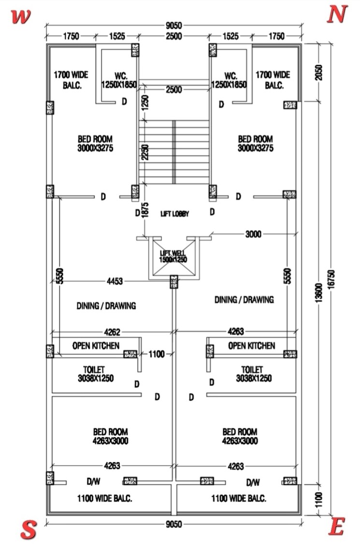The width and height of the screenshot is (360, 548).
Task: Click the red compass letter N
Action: click(337, 14)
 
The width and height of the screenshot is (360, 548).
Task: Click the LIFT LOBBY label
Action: click(174, 214)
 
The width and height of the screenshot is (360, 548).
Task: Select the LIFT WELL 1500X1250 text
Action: click(173, 256)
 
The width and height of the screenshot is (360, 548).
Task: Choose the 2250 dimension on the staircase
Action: click(145, 153)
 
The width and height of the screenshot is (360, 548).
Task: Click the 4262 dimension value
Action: click(112, 332)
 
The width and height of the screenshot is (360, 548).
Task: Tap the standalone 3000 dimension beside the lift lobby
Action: click(253, 234)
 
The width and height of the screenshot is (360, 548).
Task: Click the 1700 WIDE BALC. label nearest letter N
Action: click(273, 80)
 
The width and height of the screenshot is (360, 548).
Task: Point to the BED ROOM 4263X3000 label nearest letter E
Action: click(240, 436)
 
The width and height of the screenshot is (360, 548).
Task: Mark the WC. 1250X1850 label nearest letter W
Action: click(119, 80)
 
